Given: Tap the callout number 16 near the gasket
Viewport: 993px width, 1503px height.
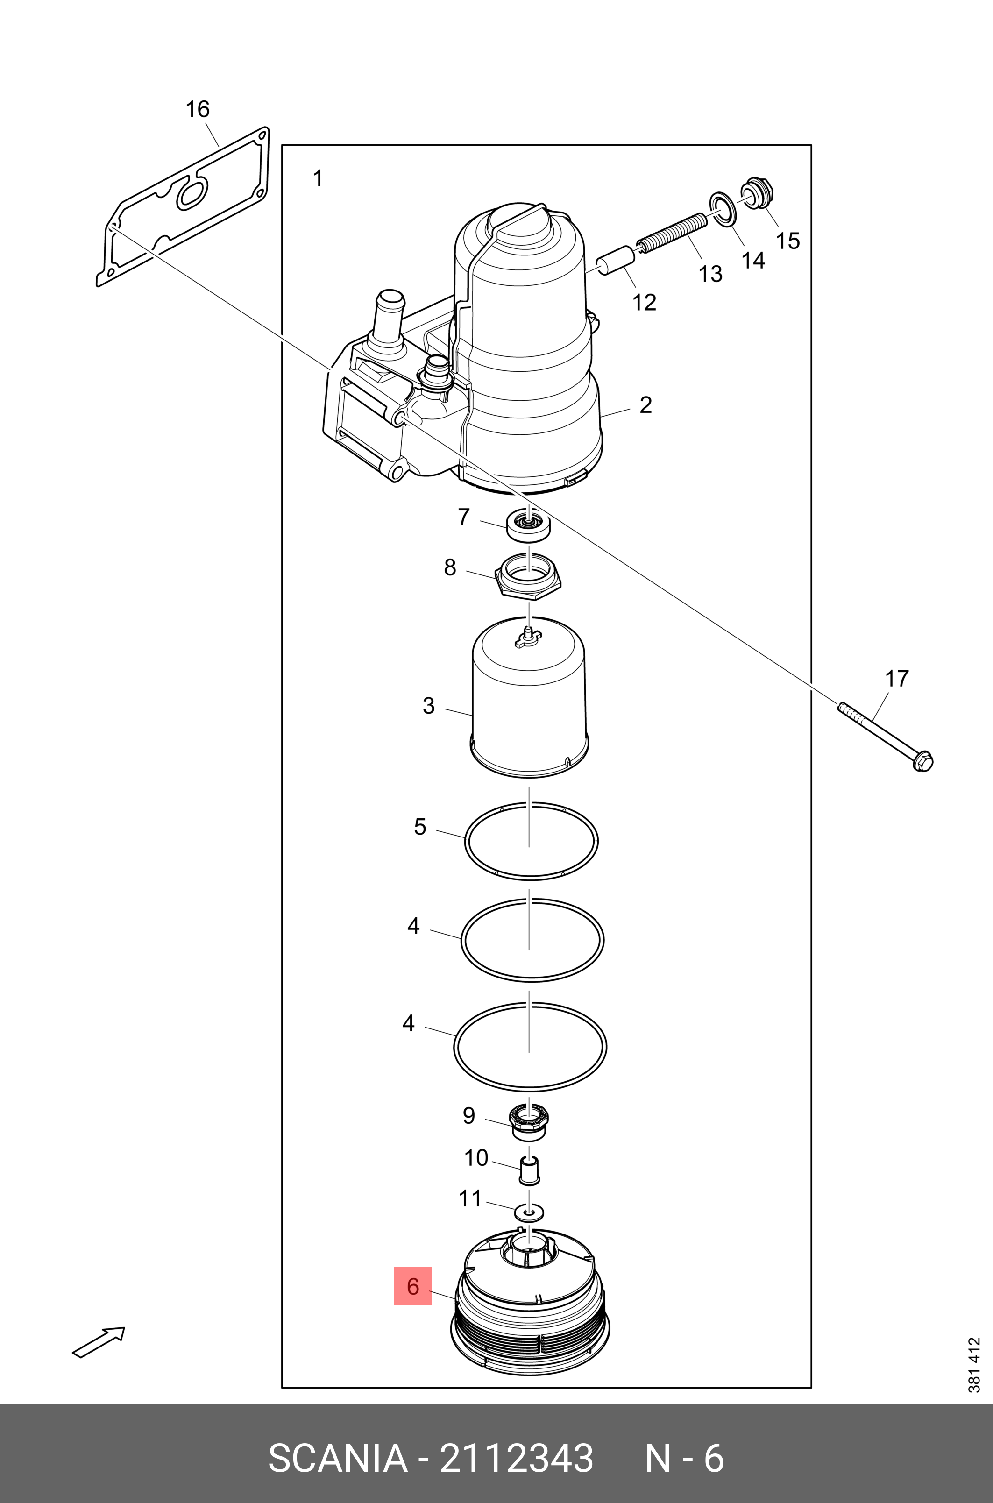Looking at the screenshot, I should tap(197, 110).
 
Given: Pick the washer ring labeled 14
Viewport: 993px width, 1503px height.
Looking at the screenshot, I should tap(723, 209).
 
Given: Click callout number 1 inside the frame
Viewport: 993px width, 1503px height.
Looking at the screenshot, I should tap(319, 179).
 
